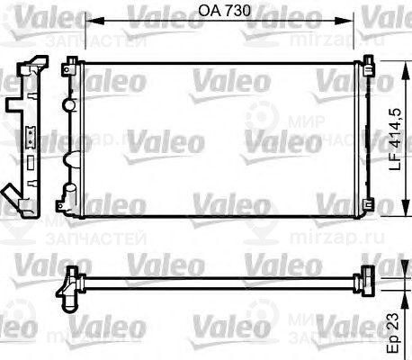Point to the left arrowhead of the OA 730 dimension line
coord(88,28)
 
